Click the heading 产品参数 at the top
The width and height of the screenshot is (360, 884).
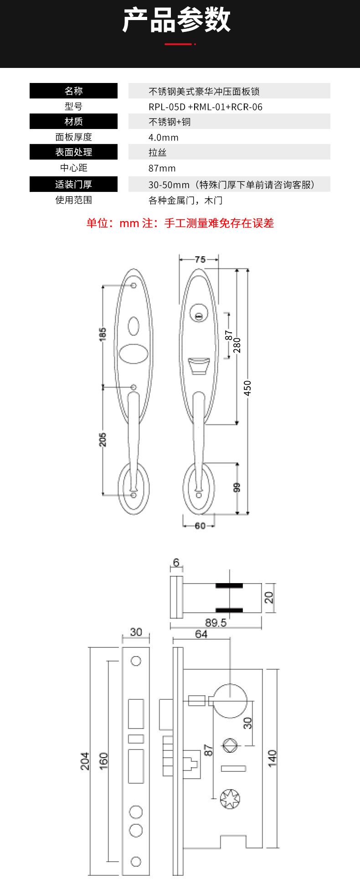(x=177, y=20)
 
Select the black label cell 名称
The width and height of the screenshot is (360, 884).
(x=73, y=91)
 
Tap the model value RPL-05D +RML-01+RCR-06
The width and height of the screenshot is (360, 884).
(x=206, y=107)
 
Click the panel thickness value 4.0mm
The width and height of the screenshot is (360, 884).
(x=164, y=137)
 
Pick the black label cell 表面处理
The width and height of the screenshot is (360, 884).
(x=73, y=152)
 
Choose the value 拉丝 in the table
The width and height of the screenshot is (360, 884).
(x=157, y=153)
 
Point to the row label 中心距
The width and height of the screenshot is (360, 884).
(x=73, y=168)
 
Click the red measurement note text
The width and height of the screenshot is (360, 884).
(x=180, y=223)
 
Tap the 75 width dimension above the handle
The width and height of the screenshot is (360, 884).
(x=200, y=259)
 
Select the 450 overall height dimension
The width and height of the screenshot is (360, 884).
(x=247, y=388)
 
